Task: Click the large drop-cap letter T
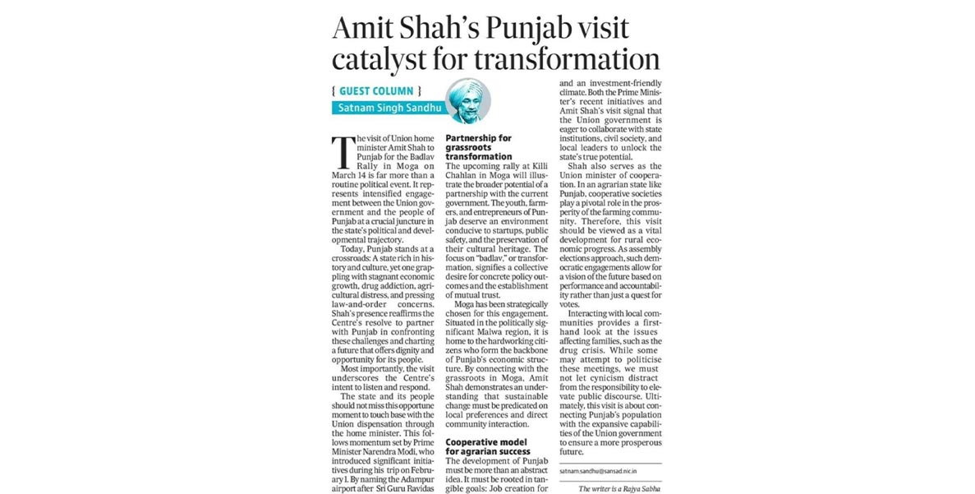[343, 150]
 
